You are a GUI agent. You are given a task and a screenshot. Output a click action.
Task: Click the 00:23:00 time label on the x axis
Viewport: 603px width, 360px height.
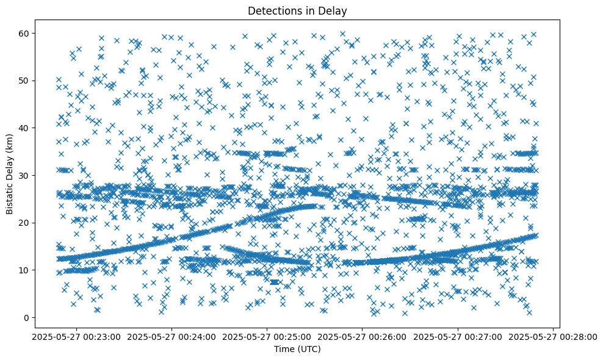coord(76,336)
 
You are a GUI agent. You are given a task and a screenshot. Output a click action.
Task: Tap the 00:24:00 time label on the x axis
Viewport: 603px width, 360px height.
coord(172,336)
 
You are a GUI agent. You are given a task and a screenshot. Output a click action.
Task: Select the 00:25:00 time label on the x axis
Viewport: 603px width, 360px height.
coord(267,336)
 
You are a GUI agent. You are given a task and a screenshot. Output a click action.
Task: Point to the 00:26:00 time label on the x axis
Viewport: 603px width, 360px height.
coord(363,336)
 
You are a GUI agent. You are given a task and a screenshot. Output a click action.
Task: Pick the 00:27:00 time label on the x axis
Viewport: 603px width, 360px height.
coord(458,336)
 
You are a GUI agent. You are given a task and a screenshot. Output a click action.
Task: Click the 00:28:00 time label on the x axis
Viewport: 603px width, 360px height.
coord(553,336)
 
